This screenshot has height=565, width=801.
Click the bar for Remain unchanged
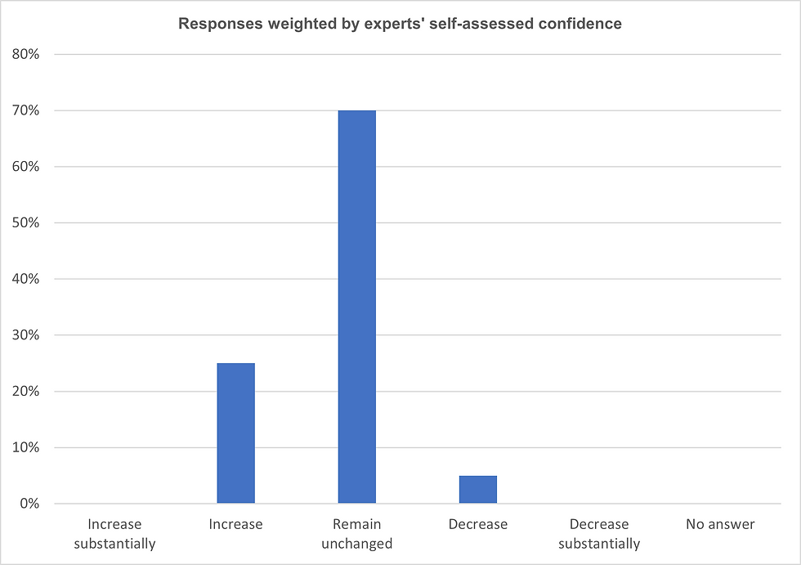coord(356,307)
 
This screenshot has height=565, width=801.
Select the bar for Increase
coord(235,433)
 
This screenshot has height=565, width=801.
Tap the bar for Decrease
coord(478,489)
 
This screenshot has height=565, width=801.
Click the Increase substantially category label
coord(114,534)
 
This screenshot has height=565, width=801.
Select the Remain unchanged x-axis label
coord(357,534)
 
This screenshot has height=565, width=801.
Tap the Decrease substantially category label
coord(599,534)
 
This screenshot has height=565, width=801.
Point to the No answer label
coord(720,524)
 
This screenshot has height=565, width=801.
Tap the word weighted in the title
coord(291,24)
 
